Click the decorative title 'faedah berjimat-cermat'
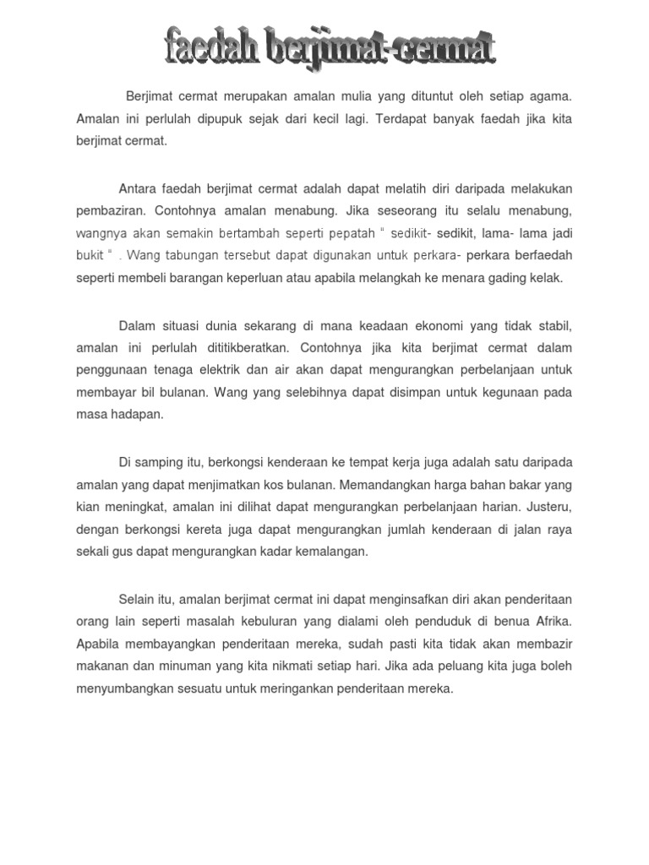tap(330, 48)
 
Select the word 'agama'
tap(551, 97)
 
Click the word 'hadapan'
tap(135, 415)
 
